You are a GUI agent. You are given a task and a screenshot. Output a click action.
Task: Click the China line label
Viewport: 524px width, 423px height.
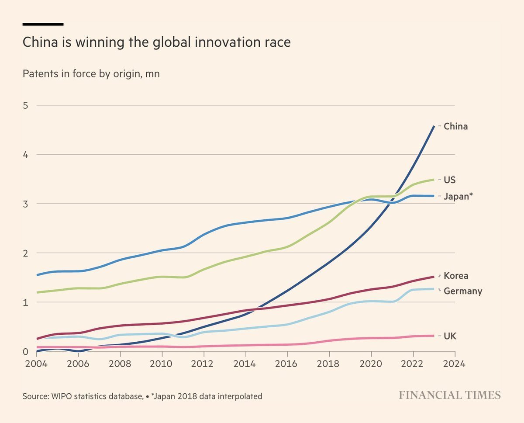tap(455, 127)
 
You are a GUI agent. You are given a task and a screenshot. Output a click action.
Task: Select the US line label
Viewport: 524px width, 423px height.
tap(450, 180)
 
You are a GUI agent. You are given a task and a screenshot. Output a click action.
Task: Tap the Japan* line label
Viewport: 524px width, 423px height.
tap(458, 197)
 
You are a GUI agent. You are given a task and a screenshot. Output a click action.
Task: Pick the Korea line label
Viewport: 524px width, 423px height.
tap(456, 276)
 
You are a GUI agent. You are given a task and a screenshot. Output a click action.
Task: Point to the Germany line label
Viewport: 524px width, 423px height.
tap(463, 291)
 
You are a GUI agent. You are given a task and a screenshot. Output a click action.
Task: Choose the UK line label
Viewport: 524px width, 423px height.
tap(450, 336)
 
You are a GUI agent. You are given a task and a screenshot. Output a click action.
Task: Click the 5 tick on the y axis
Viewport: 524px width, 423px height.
tap(26, 105)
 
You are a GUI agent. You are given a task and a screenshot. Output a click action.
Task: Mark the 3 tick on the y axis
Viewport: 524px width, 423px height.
tap(26, 204)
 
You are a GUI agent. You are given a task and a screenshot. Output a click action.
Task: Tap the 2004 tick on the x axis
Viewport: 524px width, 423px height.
tap(37, 364)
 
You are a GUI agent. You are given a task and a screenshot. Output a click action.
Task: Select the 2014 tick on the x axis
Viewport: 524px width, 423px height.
tap(246, 364)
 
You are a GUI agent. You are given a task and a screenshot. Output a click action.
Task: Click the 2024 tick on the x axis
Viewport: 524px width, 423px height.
tap(455, 364)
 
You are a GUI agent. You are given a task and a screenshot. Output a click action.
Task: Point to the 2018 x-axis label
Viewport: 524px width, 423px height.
tap(329, 364)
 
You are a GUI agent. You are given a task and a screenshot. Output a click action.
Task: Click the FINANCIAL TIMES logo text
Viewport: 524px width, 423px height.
tap(449, 395)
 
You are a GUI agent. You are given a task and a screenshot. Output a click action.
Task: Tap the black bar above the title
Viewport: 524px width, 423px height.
tap(43, 24)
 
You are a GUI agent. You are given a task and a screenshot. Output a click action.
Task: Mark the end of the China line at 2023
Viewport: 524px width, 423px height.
tap(434, 126)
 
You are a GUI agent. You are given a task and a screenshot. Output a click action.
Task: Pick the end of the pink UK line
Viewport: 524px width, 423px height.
tap(434, 336)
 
